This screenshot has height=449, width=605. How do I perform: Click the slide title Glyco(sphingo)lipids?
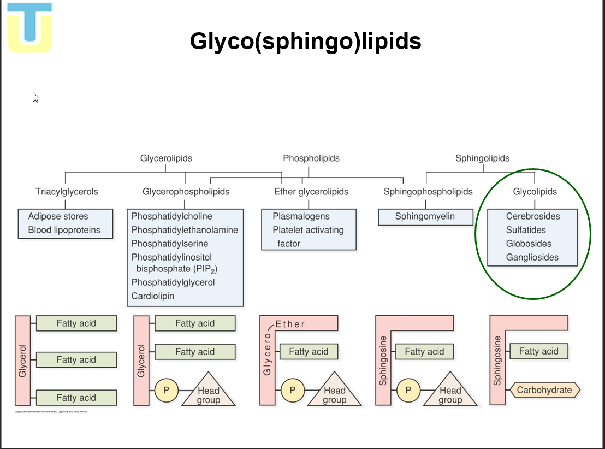[x=305, y=41]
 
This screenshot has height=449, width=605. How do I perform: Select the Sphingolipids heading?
[x=482, y=158]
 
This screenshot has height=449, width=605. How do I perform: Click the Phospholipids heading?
[x=311, y=158]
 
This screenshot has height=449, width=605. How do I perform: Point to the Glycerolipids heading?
[x=166, y=158]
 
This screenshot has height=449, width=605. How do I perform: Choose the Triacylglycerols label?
[x=67, y=192]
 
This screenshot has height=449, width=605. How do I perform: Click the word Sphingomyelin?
[x=425, y=216]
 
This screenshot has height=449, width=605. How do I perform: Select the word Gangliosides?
[x=532, y=257]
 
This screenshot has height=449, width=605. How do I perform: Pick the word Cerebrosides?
[x=533, y=216]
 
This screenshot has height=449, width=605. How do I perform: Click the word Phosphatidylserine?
[x=169, y=244]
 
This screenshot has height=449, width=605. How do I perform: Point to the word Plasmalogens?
[x=301, y=216]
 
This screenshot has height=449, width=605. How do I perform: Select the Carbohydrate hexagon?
[x=544, y=390]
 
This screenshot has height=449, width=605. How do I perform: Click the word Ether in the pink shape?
[x=290, y=324]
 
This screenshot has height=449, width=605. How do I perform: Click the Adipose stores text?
[x=58, y=216]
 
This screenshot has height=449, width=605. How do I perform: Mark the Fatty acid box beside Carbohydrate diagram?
[x=538, y=351]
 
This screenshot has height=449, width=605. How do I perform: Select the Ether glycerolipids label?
[x=311, y=192]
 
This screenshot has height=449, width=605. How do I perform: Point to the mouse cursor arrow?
[x=35, y=97]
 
